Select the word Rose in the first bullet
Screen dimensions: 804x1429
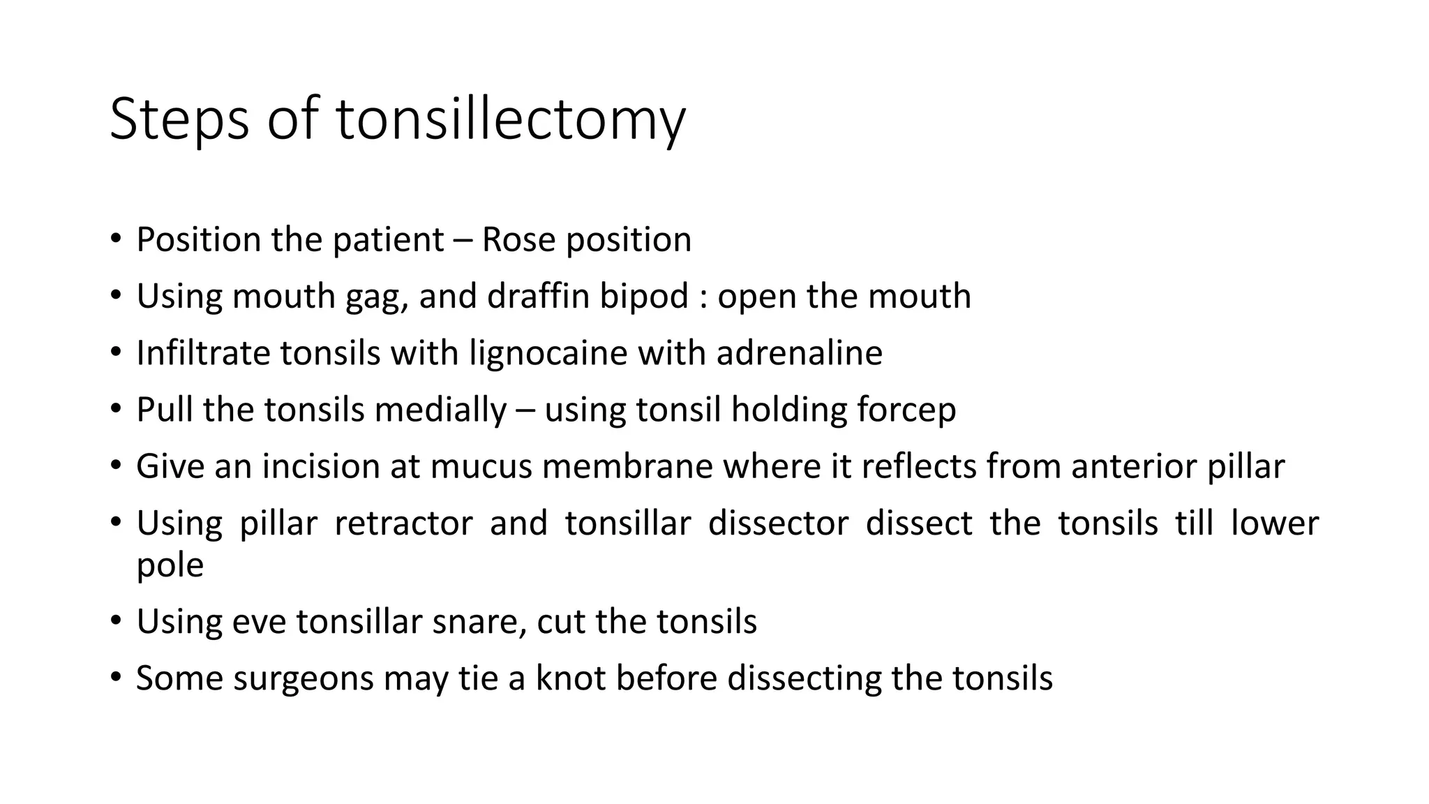pyautogui.click(x=518, y=239)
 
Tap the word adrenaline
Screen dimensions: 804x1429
pyautogui.click(x=799, y=352)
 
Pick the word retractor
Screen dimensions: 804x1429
pyautogui.click(x=403, y=523)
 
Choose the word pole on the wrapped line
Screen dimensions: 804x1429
pyautogui.click(x=170, y=566)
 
